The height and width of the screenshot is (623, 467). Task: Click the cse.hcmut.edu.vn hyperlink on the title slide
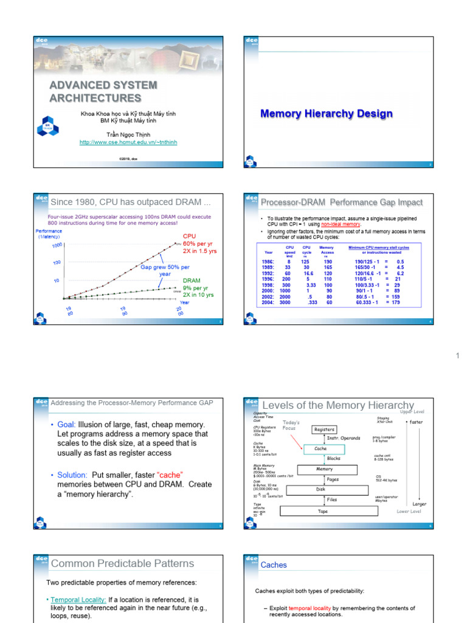tap(128, 142)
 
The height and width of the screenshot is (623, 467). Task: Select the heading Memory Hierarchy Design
tap(326, 114)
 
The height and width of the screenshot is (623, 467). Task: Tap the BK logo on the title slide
tap(48, 126)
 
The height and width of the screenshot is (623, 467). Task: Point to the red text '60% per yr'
tap(198, 243)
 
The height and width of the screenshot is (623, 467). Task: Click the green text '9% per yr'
tap(198, 288)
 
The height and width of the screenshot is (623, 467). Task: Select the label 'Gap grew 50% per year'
tap(164, 270)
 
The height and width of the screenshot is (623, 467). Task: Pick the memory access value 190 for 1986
tap(328, 262)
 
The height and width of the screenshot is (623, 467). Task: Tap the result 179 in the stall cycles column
tap(395, 302)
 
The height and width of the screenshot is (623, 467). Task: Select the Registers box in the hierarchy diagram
tap(323, 430)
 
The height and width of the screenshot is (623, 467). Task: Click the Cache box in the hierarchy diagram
tap(320, 448)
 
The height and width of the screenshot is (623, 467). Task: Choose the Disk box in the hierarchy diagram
tap(320, 489)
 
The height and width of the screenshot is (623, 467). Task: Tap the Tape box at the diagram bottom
tap(323, 512)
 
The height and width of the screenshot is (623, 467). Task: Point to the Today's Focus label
tap(292, 425)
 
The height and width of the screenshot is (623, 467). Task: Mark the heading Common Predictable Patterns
tap(122, 563)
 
